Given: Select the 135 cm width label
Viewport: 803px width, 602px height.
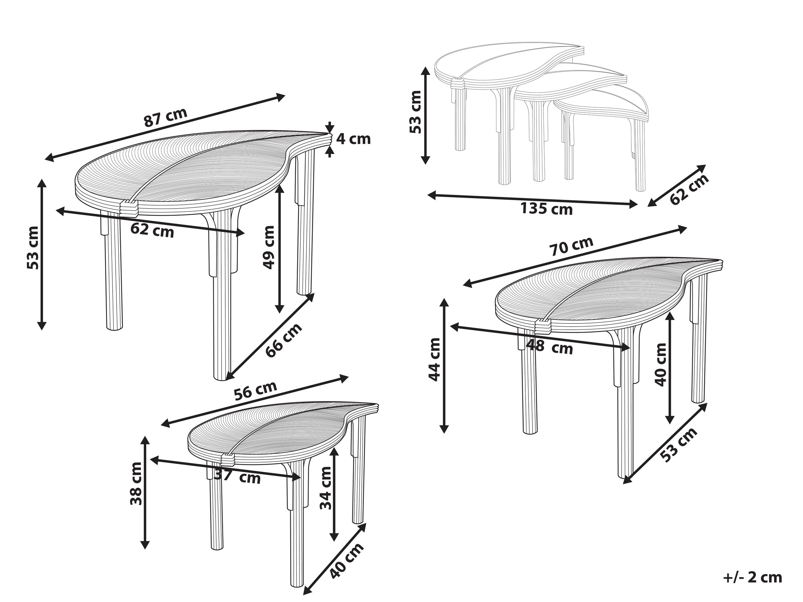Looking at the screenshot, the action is (547, 209).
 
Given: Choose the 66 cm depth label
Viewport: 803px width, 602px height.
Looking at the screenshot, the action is (284, 340).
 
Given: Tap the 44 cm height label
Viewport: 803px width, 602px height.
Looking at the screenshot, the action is (435, 359).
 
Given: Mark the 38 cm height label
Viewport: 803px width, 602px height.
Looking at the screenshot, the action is (136, 484).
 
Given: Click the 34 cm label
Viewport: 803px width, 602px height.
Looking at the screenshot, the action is (326, 488).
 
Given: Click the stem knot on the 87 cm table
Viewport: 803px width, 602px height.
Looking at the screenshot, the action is (129, 207).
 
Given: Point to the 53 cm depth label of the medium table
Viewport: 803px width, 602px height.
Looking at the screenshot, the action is (679, 445).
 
